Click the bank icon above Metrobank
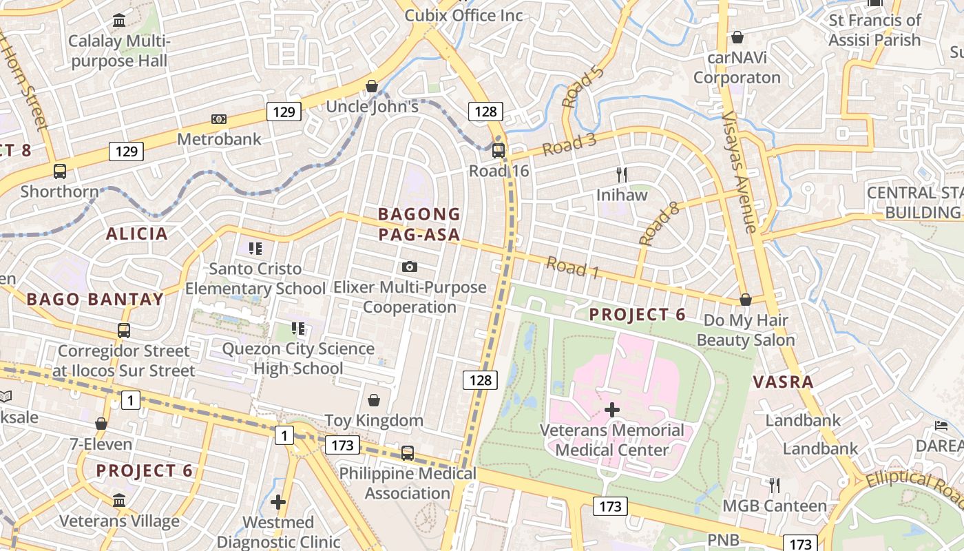[219, 119]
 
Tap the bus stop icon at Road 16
[498, 150]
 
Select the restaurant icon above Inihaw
[622, 174]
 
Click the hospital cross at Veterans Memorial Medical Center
[611, 410]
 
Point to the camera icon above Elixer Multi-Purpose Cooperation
[410, 267]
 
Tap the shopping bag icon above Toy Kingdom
[374, 400]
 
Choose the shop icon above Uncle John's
[372, 86]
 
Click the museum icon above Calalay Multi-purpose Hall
[119, 21]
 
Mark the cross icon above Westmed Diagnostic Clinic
[278, 502]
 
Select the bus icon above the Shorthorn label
[60, 171]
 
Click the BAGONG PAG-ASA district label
[419, 225]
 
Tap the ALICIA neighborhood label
[137, 233]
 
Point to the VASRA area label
[783, 382]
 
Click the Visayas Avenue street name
[740, 172]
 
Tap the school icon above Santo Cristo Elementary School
[255, 248]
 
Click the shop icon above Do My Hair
[745, 300]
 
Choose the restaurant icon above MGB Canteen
[775, 486]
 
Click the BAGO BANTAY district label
[95, 300]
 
